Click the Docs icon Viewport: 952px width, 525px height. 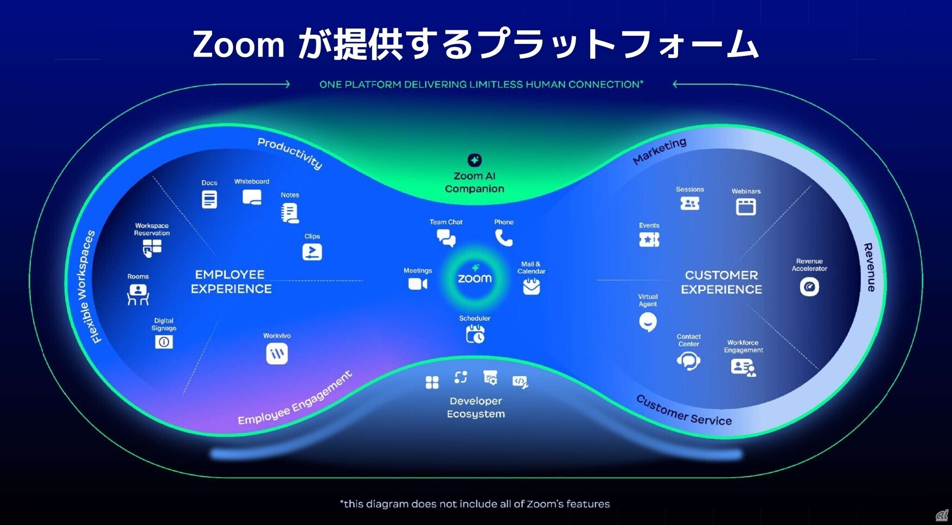click(209, 199)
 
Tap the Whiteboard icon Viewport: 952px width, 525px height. click(252, 197)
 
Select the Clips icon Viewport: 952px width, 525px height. click(312, 252)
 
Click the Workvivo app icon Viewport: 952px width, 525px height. click(277, 354)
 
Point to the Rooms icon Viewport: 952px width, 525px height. click(138, 295)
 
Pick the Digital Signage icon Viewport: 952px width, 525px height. click(164, 341)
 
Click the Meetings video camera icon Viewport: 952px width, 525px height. click(418, 284)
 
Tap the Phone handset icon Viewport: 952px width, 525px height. click(503, 238)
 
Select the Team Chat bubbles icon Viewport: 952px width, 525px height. click(446, 238)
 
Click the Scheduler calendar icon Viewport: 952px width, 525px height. click(475, 334)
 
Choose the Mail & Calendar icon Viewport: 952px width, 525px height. click(531, 286)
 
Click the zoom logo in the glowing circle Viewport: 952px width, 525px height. click(475, 279)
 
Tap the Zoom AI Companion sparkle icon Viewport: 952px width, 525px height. click(475, 160)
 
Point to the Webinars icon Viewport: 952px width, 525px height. click(746, 207)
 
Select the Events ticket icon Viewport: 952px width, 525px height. click(649, 239)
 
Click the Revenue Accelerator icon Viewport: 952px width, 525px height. click(809, 287)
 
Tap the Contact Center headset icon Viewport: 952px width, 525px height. click(688, 360)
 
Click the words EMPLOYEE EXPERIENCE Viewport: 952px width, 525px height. click(231, 282)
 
